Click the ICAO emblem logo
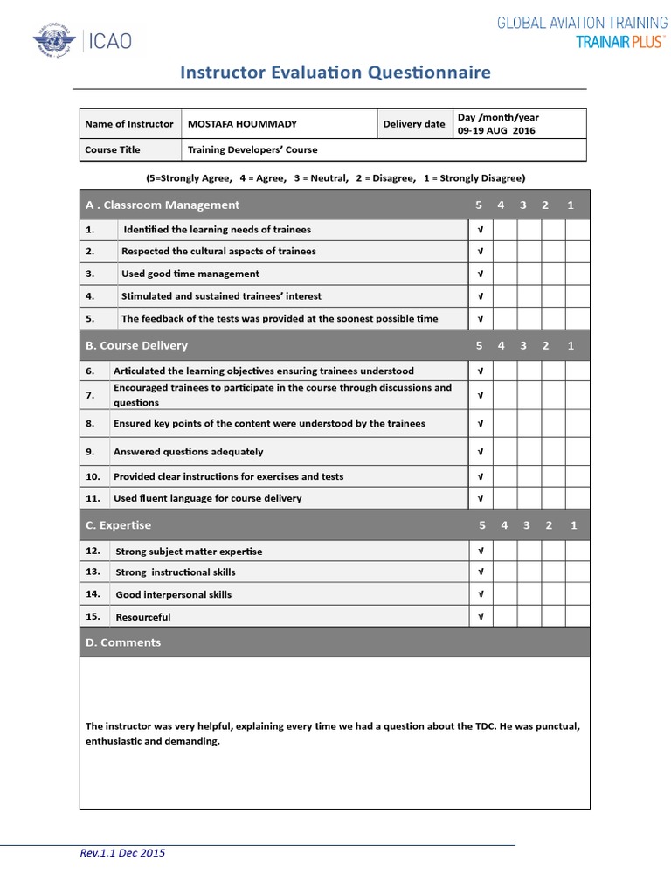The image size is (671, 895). pos(54,41)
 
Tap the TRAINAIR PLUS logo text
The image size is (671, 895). pos(619,42)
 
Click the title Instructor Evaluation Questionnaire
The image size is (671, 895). pos(335,73)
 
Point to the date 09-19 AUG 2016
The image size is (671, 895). pos(496,131)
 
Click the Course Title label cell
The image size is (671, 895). pos(113,149)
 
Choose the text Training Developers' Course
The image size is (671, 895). pos(252,149)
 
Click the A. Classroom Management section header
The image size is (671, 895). pos(163,205)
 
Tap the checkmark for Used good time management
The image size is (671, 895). pos(480,274)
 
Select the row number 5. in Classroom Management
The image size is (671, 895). pos(90,319)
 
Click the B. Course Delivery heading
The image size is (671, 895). pos(136,345)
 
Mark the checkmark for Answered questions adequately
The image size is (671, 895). pos(480,452)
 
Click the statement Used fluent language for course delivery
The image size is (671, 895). pos(207,498)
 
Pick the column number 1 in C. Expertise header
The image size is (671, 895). pos(573,525)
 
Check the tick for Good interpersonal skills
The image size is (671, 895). pos(480,594)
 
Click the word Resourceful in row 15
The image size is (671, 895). pos(143,617)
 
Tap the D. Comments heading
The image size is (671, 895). pos(123,642)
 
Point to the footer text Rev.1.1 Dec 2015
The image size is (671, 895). pos(122,853)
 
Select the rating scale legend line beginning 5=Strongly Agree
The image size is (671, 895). pos(335,177)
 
